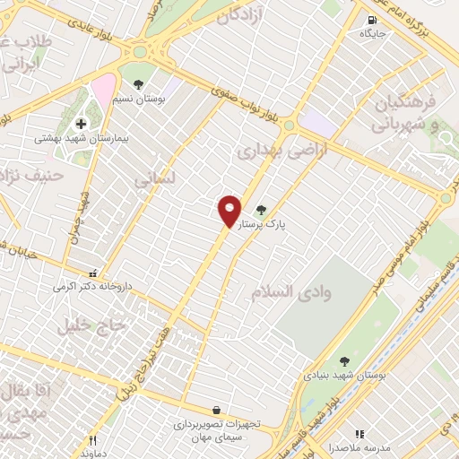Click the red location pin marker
tap(229, 210)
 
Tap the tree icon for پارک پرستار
tap(262, 210)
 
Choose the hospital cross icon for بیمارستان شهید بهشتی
tap(81, 124)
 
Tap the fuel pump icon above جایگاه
tap(371, 19)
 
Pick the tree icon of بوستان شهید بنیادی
tap(345, 362)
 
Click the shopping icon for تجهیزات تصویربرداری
tap(216, 409)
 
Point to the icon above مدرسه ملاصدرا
tap(359, 433)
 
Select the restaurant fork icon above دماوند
tap(92, 440)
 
